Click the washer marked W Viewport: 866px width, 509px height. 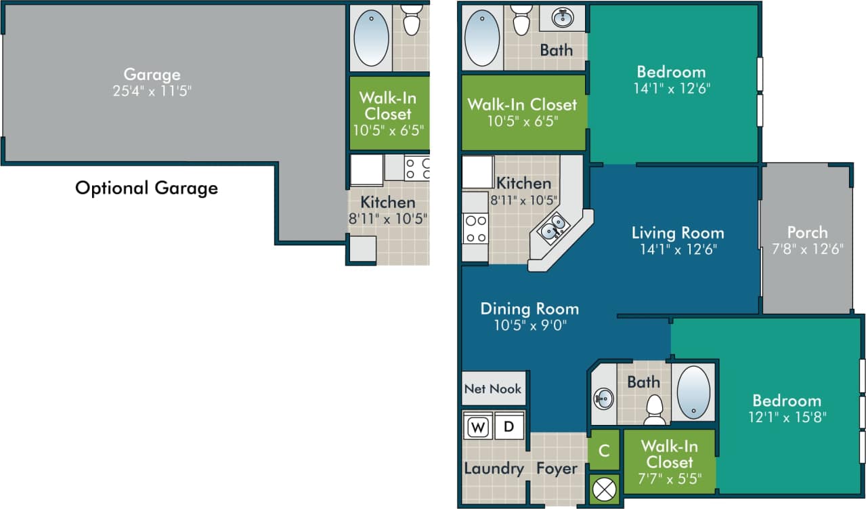coord(478,427)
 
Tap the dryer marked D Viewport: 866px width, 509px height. coord(508,427)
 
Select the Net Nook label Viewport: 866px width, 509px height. coord(493,389)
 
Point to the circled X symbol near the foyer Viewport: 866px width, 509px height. coord(604,488)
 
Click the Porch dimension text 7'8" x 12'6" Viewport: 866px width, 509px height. coord(807,249)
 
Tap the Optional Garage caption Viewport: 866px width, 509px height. coord(146,188)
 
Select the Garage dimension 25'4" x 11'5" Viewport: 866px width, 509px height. coord(152,90)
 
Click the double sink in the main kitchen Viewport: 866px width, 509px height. coord(553,227)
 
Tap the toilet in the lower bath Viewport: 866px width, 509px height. coord(653,409)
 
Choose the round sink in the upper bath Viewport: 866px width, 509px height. coord(563,18)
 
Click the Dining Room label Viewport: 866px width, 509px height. coord(529,309)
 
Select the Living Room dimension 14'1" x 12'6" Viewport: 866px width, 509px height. coord(677,249)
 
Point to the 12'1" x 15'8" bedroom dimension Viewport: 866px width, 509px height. coord(786,417)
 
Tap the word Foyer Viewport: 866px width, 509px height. coord(557,468)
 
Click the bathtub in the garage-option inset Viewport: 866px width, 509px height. coord(371,37)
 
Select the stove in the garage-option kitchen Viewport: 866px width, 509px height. coord(417,168)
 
